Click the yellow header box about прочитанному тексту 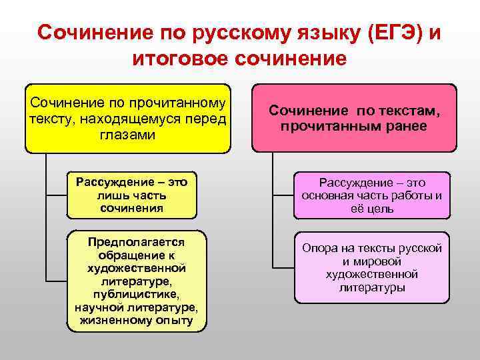pos(127,118)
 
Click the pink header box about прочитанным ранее pos(354,118)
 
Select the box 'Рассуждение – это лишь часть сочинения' pos(132,196)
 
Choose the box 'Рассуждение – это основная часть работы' pos(371,196)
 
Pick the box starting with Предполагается pos(136,280)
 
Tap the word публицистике pos(136,293)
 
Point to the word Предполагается pos(136,242)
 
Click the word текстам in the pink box pos(405,111)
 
